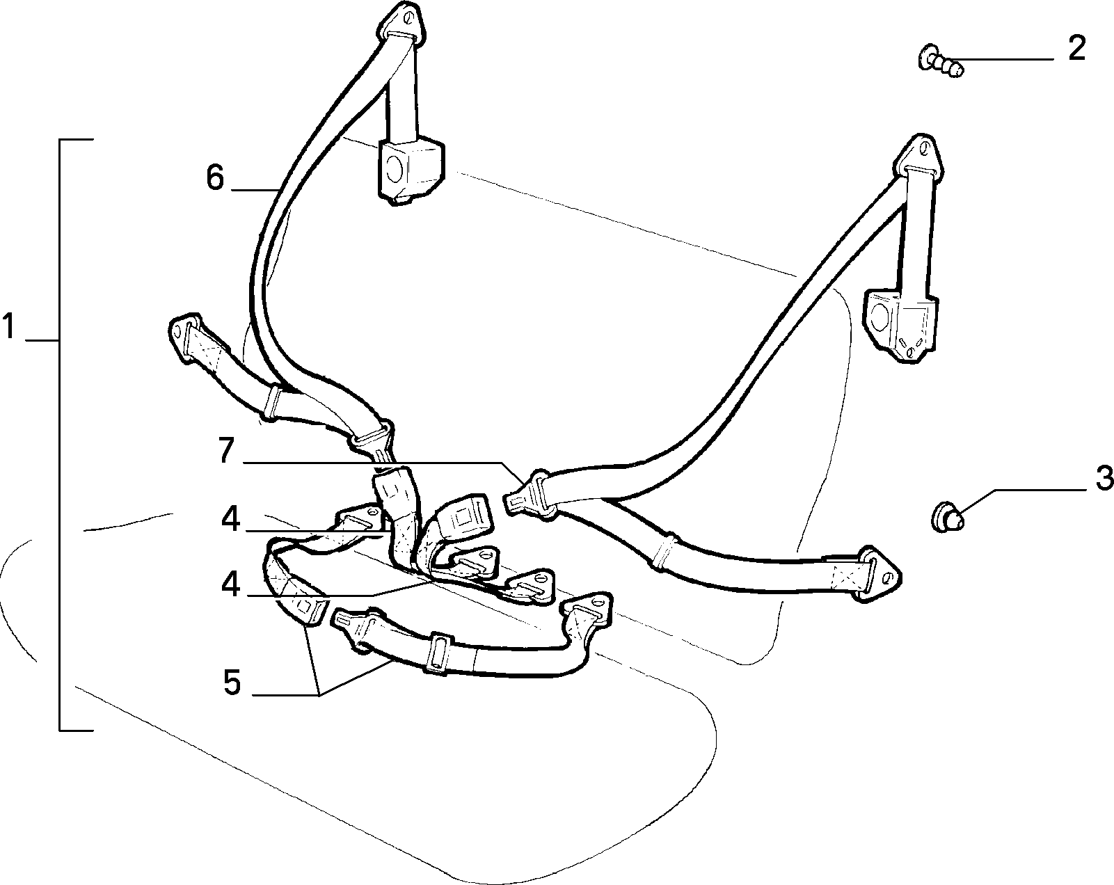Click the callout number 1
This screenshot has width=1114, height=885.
point(8,326)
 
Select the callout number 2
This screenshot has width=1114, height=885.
point(1076,49)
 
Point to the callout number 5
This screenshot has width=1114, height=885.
point(232,682)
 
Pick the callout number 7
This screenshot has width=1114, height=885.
point(226,449)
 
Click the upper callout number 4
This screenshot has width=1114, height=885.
point(230,518)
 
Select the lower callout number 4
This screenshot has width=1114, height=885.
point(230,584)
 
